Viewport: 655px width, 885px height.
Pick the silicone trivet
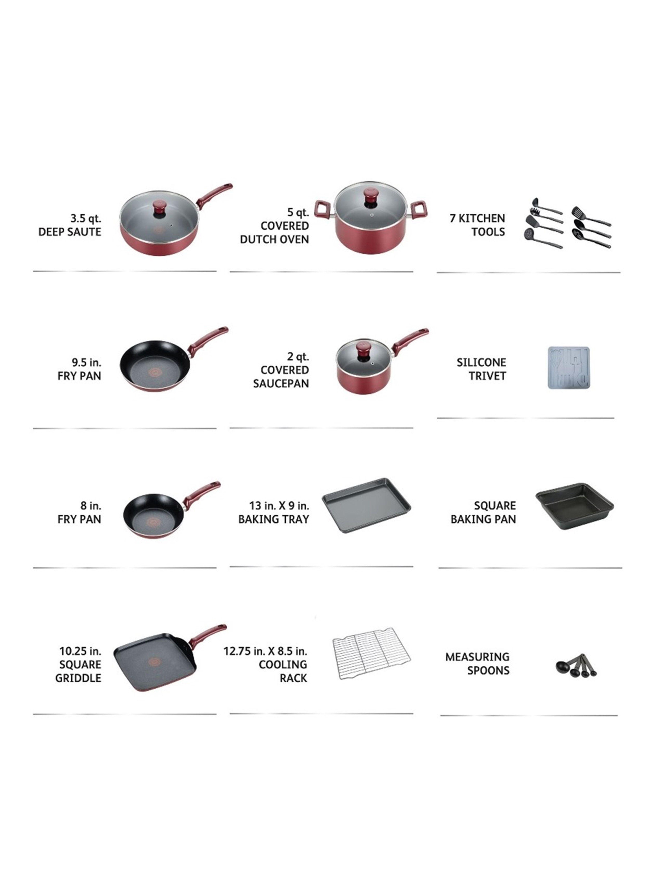click(568, 368)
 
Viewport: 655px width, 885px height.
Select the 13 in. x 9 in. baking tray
click(366, 505)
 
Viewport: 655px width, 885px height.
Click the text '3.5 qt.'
click(86, 219)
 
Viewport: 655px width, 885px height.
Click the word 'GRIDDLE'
click(78, 678)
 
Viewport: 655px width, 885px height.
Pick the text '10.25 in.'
click(80, 651)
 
